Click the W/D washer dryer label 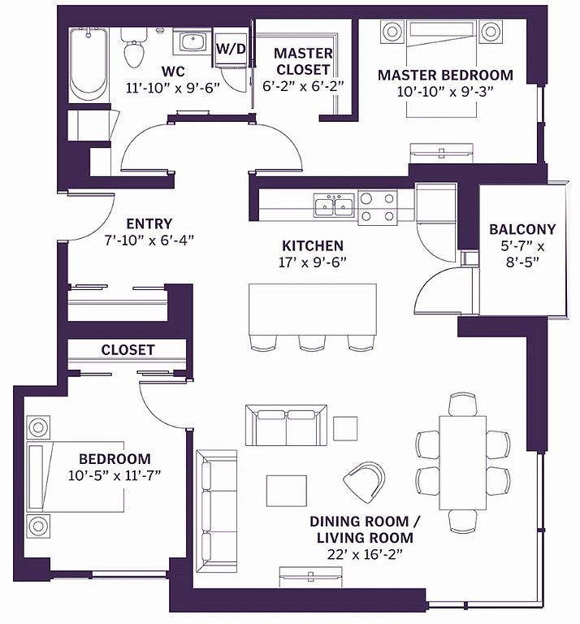click(x=231, y=49)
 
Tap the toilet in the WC click(x=134, y=49)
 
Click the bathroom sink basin click(x=193, y=41)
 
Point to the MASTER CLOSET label click(x=303, y=61)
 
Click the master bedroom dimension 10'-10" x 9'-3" click(x=445, y=92)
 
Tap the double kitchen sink click(x=334, y=206)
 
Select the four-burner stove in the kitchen click(x=378, y=207)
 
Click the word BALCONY click(x=522, y=229)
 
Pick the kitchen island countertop click(x=313, y=310)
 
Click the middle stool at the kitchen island click(x=312, y=344)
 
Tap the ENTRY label click(x=149, y=223)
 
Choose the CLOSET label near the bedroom click(x=128, y=350)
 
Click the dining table click(x=463, y=463)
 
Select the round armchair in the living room click(x=366, y=483)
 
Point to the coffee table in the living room click(x=287, y=490)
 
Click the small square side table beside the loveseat click(x=345, y=428)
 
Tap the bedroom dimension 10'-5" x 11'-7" click(x=115, y=475)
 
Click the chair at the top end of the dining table click(x=463, y=405)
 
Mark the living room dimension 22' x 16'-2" click(x=365, y=554)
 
